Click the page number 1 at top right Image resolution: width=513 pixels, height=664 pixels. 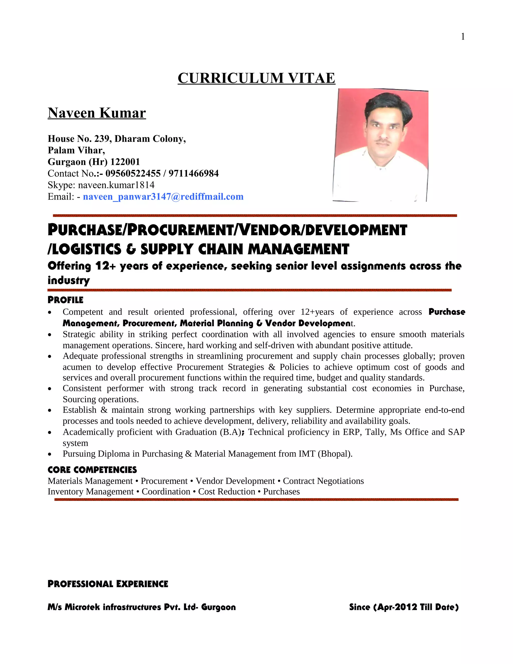tap(463, 37)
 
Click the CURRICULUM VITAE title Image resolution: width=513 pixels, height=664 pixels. tap(256, 78)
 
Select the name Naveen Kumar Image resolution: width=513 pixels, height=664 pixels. tap(97, 113)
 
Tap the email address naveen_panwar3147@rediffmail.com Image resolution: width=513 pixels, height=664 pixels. tap(163, 197)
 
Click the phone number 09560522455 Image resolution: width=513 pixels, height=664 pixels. tap(133, 173)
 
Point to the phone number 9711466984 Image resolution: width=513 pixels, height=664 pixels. tap(194, 173)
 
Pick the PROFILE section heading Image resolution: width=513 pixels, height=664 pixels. tap(65, 300)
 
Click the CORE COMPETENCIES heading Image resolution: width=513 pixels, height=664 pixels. tap(92, 470)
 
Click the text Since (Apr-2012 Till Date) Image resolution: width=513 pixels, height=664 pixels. tap(404, 607)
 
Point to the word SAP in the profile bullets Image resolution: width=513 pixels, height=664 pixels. tap(456, 432)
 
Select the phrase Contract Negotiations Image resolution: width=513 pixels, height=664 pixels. tap(323, 481)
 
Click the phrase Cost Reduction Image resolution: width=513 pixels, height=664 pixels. tap(226, 492)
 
